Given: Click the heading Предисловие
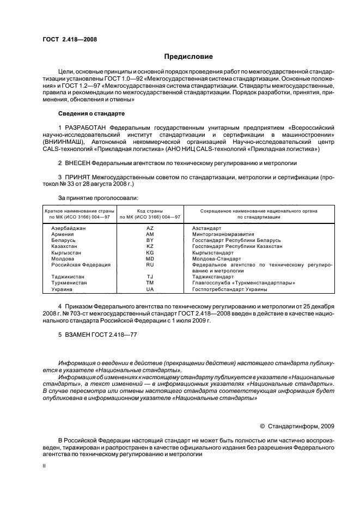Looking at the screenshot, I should click(188, 57).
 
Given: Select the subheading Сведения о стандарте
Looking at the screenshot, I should click(91, 113).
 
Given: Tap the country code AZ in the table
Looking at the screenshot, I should click(150, 228).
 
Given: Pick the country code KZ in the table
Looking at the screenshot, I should click(150, 246).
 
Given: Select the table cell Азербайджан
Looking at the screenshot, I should click(68, 228).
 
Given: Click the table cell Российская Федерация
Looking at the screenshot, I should click(81, 265).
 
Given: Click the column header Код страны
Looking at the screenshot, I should click(150, 210).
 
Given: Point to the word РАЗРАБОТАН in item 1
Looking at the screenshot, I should click(85, 127).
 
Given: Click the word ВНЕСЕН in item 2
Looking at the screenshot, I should click(77, 162).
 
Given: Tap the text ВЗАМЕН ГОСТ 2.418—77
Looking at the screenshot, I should click(97, 334).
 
